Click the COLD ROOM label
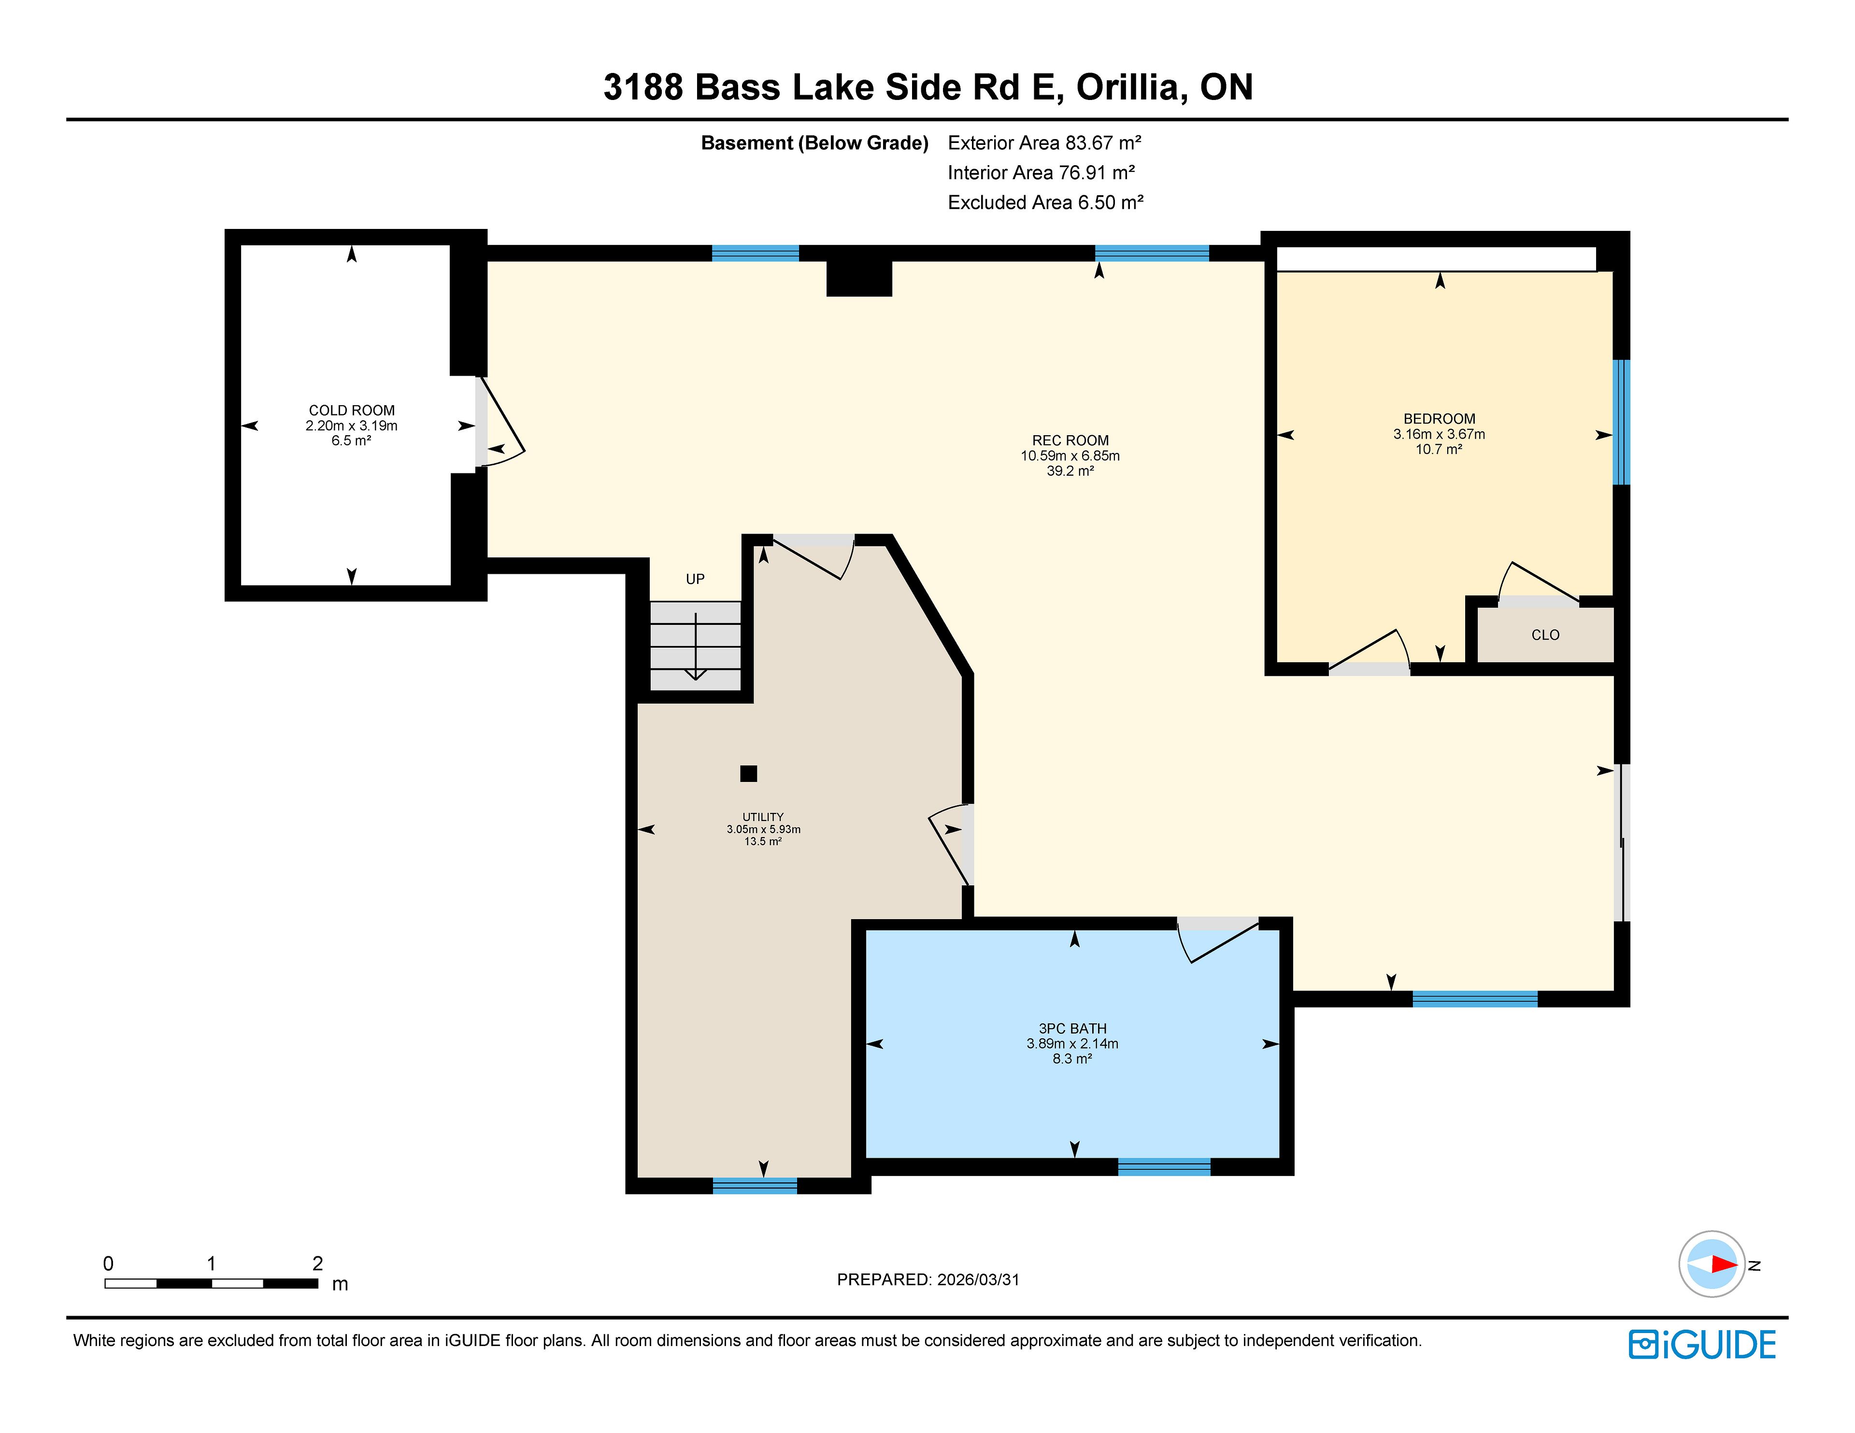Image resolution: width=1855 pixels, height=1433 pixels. (352, 410)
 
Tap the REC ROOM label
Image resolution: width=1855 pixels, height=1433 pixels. (1070, 440)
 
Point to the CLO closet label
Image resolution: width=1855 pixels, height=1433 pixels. (1545, 635)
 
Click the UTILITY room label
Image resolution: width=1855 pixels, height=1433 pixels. (763, 817)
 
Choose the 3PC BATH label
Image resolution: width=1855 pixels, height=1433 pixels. (1072, 1029)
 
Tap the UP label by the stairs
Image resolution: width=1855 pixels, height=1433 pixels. (695, 579)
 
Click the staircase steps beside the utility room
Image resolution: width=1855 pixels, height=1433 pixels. (696, 646)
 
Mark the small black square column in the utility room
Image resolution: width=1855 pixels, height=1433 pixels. (748, 773)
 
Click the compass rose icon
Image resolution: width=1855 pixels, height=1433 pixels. (1712, 1264)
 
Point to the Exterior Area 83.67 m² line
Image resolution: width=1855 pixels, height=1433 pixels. (1044, 142)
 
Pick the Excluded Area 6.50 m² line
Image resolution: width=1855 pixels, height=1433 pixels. (1045, 202)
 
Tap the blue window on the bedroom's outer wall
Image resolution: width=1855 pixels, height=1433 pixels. (1621, 422)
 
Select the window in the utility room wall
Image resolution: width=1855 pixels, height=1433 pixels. (754, 1186)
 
